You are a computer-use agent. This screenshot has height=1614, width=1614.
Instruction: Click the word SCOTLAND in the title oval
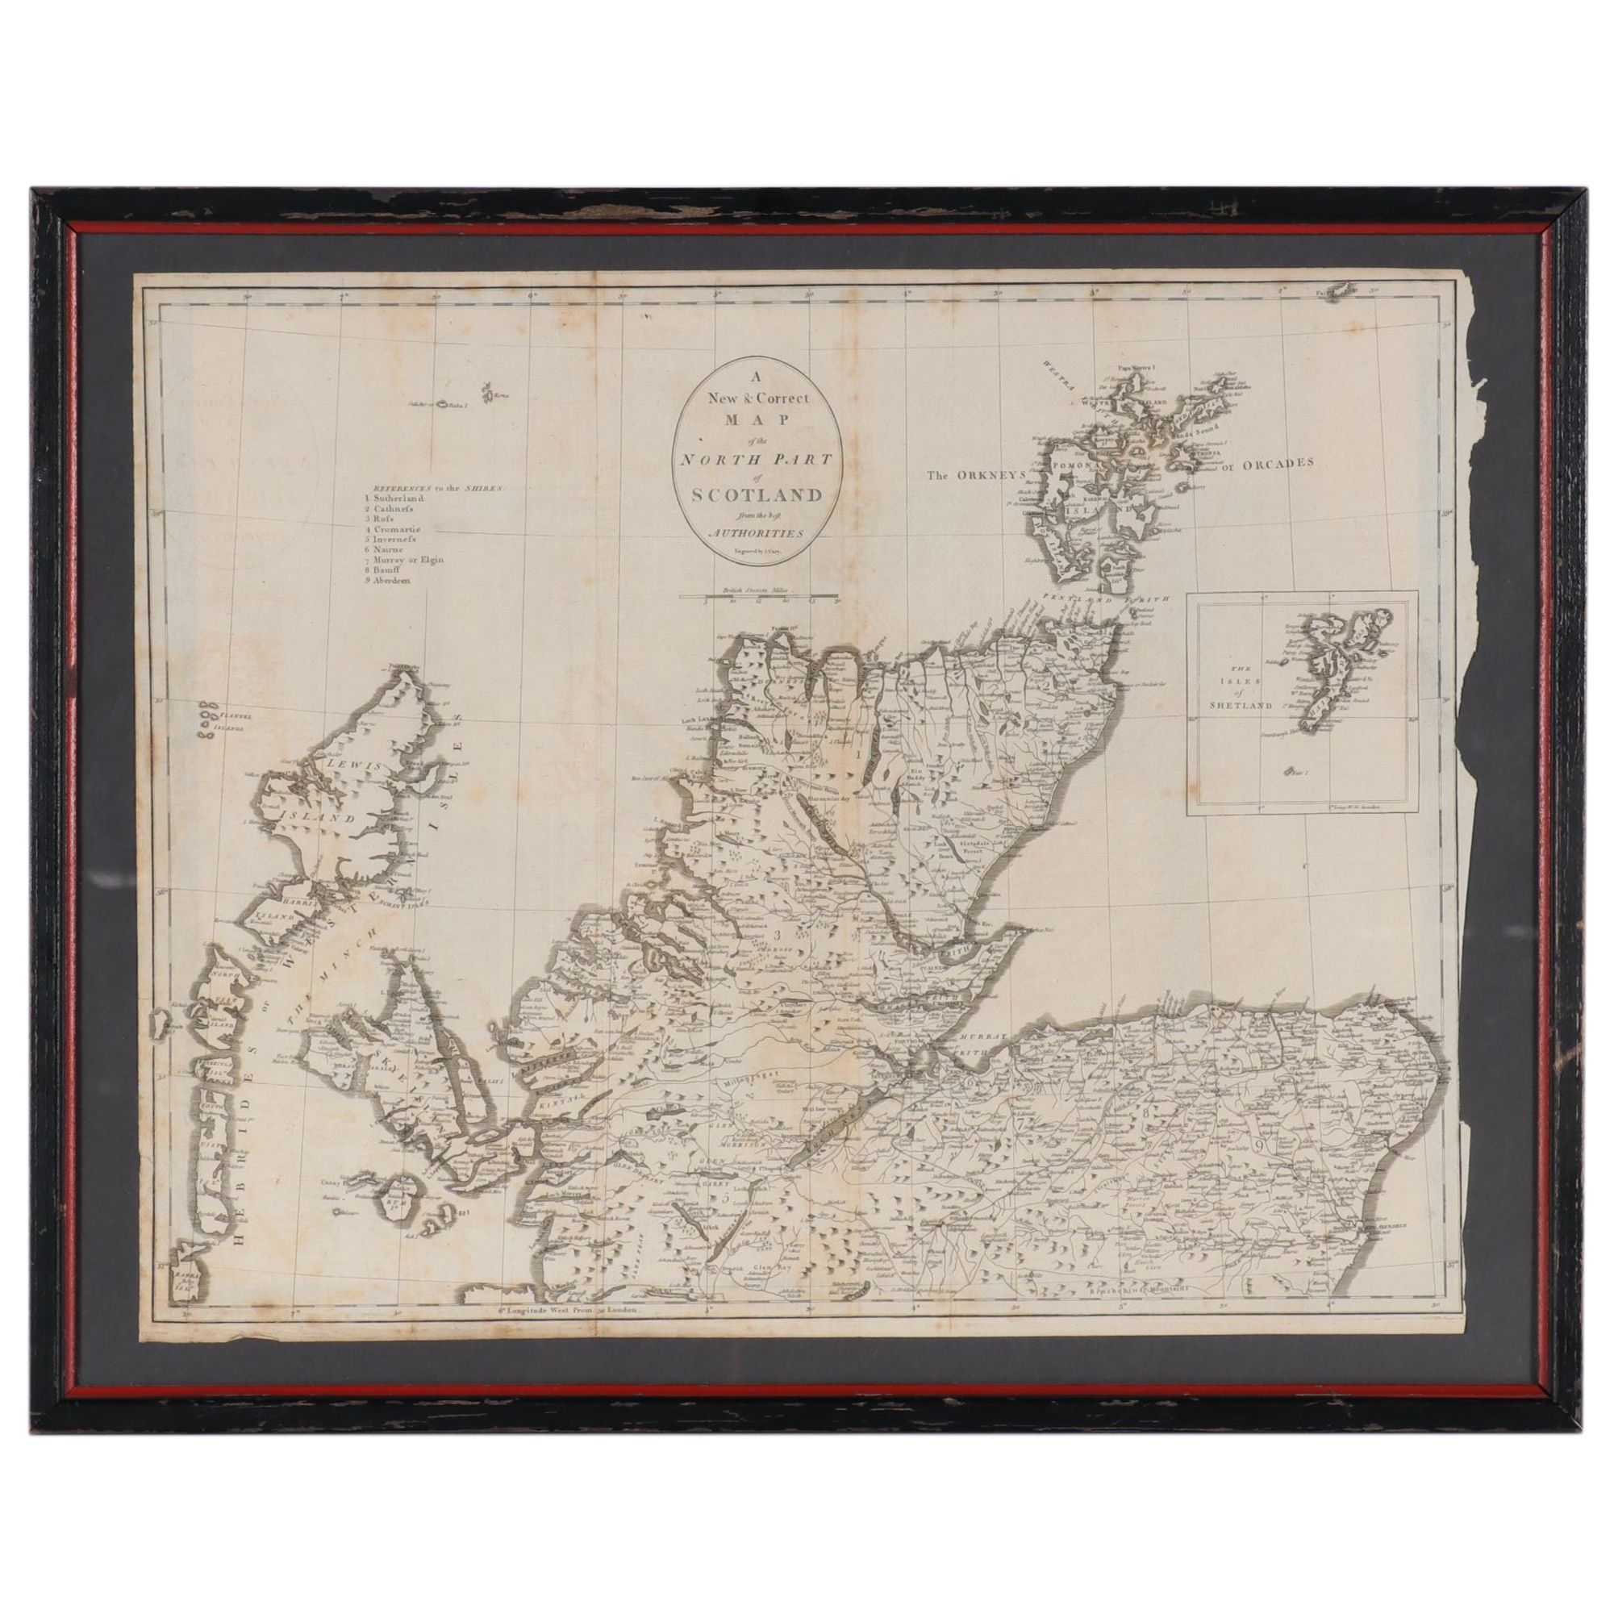tap(756, 494)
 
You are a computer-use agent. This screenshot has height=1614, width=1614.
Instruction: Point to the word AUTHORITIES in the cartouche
tap(755, 532)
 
